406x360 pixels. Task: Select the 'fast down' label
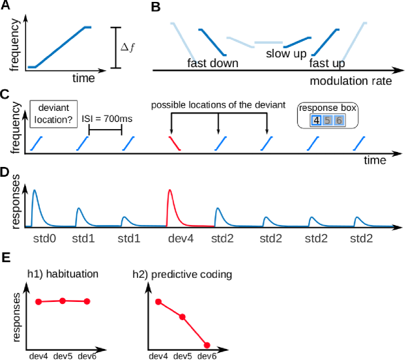tap(212, 64)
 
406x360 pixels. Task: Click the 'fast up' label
tap(327, 64)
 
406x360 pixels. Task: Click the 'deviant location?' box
tap(53, 115)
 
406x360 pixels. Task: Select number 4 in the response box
tap(315, 121)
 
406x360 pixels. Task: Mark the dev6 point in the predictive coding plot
tap(207, 345)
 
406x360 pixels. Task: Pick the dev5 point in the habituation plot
tap(63, 301)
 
